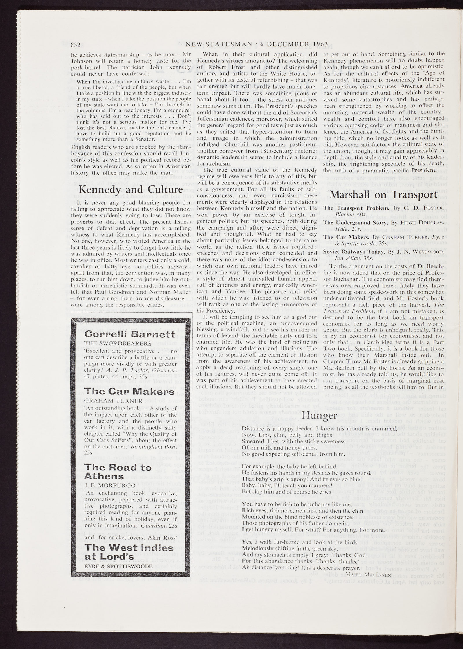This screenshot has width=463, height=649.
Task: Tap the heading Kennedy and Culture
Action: [x=131, y=190]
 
